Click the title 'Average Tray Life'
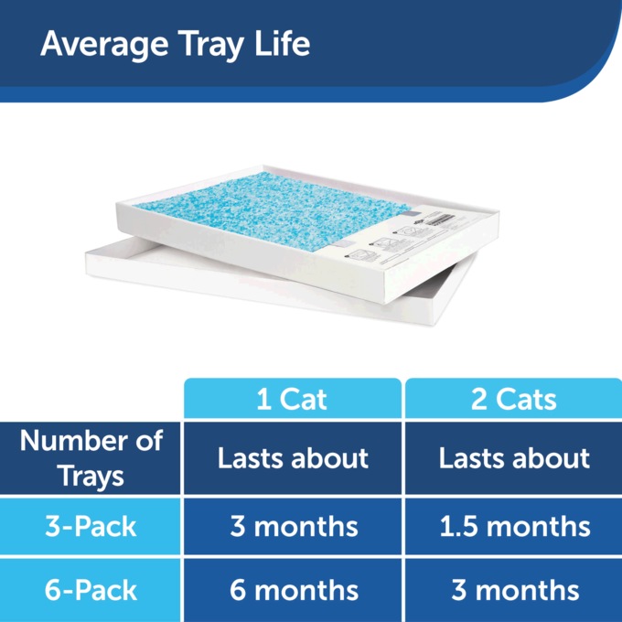tap(175, 43)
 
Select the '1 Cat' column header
tap(293, 400)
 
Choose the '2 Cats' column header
tap(514, 400)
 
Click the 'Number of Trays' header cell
tap(91, 458)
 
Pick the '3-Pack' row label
tap(91, 526)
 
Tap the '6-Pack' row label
tap(91, 590)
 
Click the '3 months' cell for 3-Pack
tap(293, 526)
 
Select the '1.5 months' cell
tap(514, 526)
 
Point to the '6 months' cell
tap(293, 590)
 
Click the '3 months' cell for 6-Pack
tap(514, 590)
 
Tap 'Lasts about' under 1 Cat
tap(293, 458)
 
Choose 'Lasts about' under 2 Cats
tap(514, 458)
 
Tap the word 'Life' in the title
tap(284, 43)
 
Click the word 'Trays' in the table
tap(91, 477)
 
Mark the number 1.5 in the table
tap(457, 526)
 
